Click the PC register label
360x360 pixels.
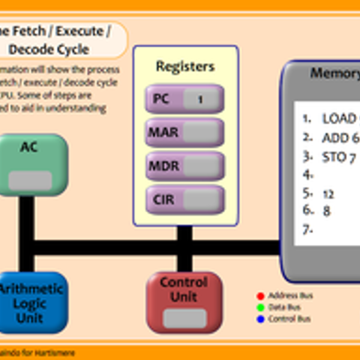pyautogui.click(x=161, y=99)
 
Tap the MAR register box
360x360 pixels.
pyautogui.click(x=185, y=132)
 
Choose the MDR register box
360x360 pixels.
pyautogui.click(x=185, y=166)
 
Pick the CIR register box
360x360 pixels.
pyautogui.click(x=185, y=199)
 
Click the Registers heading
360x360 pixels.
pyautogui.click(x=185, y=66)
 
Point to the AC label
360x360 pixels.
pyautogui.click(x=29, y=147)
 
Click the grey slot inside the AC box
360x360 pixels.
pyautogui.click(x=30, y=180)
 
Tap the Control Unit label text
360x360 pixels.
pyautogui.click(x=184, y=289)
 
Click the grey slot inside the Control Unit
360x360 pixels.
pyautogui.click(x=184, y=319)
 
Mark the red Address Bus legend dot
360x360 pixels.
pyautogui.click(x=260, y=295)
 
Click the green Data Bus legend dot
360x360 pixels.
pyautogui.click(x=260, y=307)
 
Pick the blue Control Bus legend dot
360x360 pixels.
pyautogui.click(x=260, y=319)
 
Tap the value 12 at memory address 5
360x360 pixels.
pyautogui.click(x=328, y=194)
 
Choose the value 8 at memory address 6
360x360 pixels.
pyautogui.click(x=326, y=211)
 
